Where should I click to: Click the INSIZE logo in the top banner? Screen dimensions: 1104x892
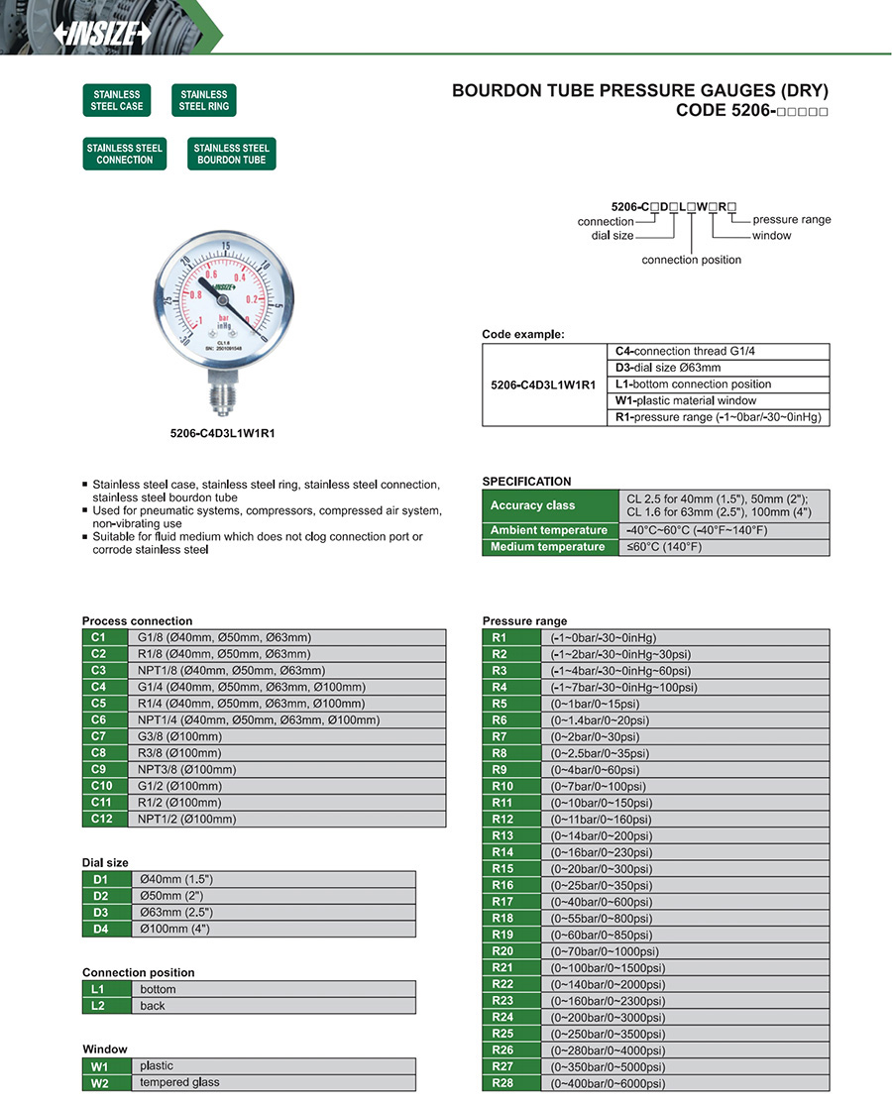(x=103, y=33)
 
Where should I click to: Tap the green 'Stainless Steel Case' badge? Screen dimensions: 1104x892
(x=118, y=101)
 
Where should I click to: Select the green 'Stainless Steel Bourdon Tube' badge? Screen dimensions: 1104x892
(x=231, y=154)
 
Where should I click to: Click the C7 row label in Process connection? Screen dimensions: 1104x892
(x=97, y=736)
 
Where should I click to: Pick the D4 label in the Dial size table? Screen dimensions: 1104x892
(x=100, y=929)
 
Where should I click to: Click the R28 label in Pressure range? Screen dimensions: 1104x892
(x=502, y=1083)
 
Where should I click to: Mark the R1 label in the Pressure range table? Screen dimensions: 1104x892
(x=499, y=637)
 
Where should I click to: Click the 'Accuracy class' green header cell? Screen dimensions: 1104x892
(x=532, y=505)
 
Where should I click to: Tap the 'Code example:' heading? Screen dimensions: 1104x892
(x=522, y=334)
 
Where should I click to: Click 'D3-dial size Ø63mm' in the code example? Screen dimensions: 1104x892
(x=668, y=368)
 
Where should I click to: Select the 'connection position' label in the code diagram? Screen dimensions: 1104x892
(x=691, y=260)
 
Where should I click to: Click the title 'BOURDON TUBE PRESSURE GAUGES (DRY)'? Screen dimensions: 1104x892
(x=639, y=91)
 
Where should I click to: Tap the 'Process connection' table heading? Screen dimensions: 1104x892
(x=137, y=621)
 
